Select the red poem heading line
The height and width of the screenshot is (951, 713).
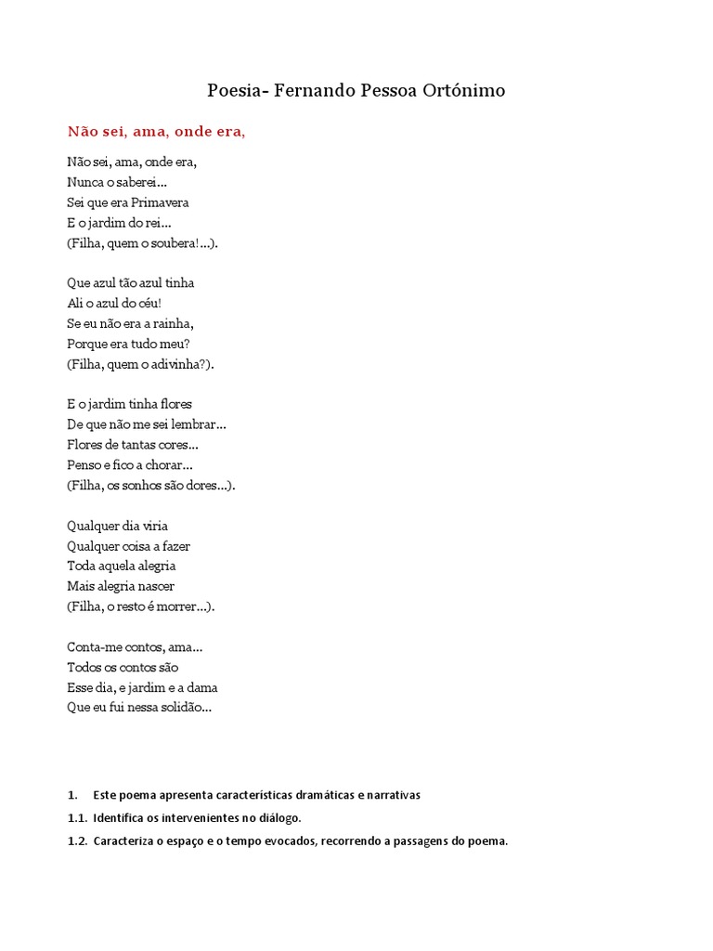pyautogui.click(x=156, y=132)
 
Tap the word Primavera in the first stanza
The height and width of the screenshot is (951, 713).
pyautogui.click(x=161, y=202)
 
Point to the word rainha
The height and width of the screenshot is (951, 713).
pyautogui.click(x=174, y=323)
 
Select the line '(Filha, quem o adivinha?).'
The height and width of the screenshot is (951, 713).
pyautogui.click(x=140, y=364)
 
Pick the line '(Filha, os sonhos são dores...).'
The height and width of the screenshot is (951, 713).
pyautogui.click(x=151, y=485)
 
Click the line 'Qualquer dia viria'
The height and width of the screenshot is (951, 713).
pyautogui.click(x=117, y=526)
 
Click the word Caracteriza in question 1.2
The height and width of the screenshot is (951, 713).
pyautogui.click(x=125, y=841)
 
